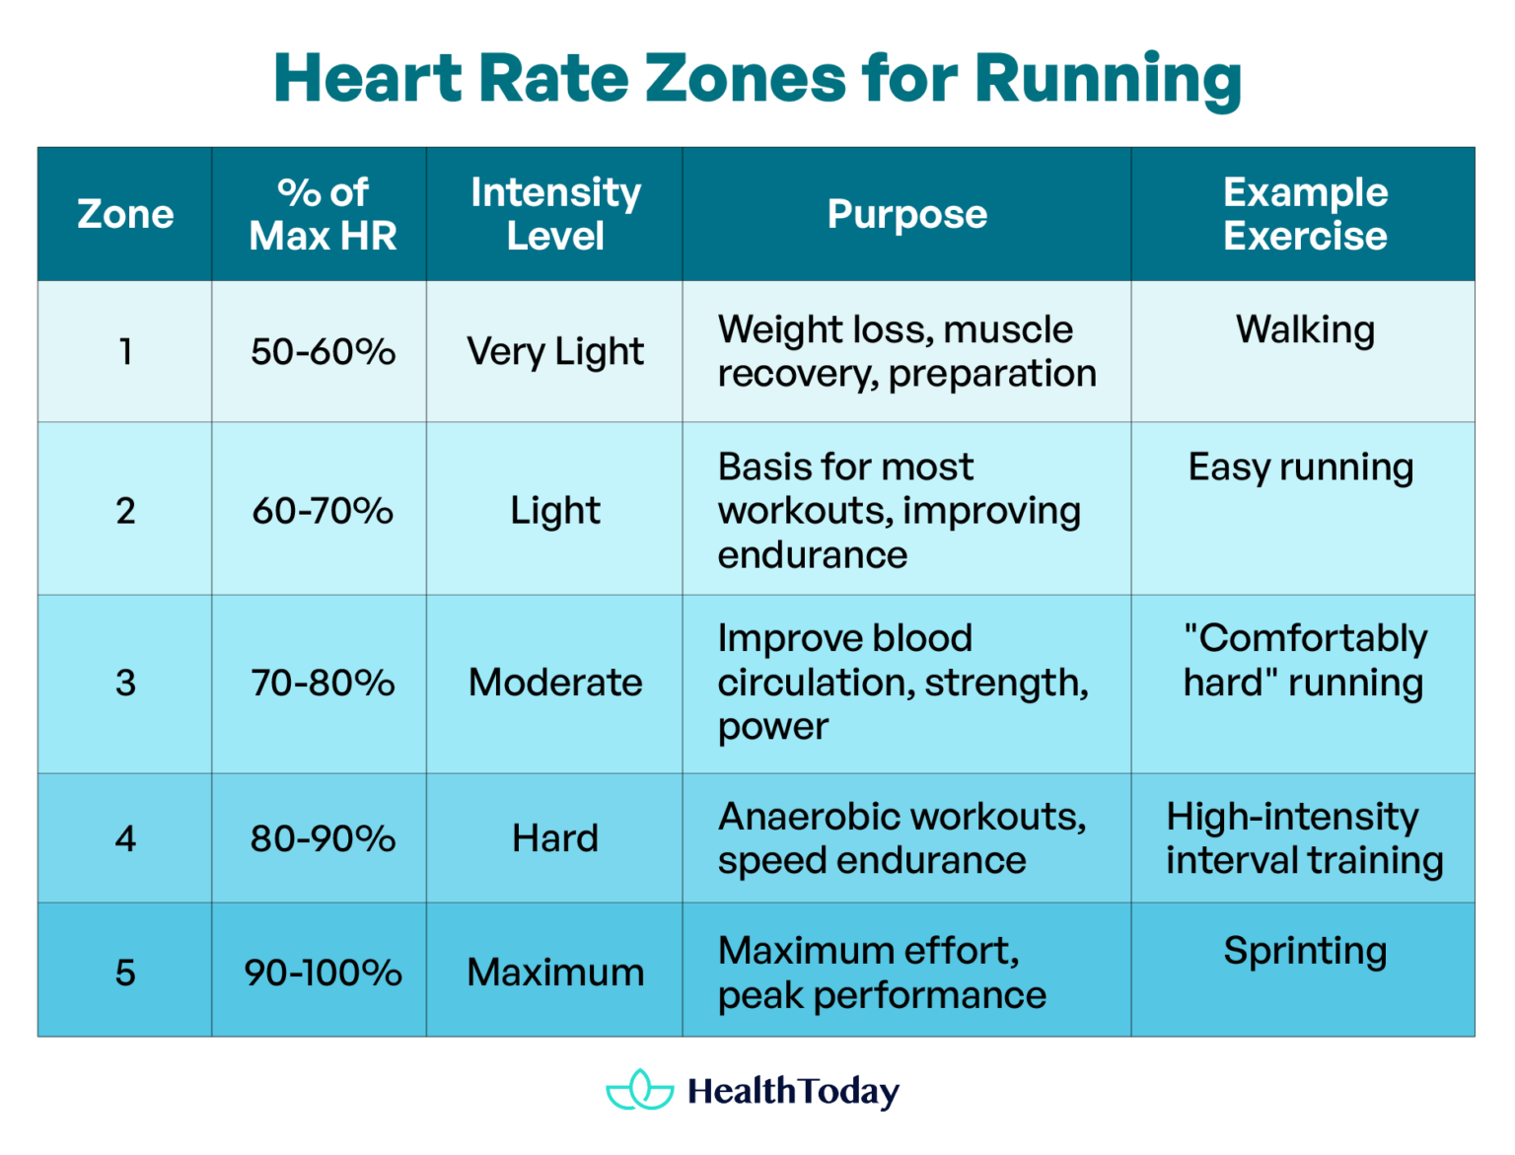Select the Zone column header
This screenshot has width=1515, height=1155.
[x=125, y=214]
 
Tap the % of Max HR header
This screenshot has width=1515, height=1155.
[x=323, y=214]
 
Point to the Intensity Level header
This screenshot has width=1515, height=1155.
[x=555, y=214]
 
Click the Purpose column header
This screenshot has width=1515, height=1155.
[x=906, y=214]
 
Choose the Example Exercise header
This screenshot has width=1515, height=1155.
[x=1304, y=214]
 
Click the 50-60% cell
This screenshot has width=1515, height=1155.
[x=323, y=352]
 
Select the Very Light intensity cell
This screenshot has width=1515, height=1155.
[x=555, y=352]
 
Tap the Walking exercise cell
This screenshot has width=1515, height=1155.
[x=1304, y=330]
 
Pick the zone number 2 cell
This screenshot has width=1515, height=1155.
[x=125, y=511]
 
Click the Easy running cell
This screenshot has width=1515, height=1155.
[x=1300, y=468]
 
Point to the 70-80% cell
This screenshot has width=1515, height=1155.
[x=323, y=683]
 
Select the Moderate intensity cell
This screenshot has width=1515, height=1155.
[x=555, y=683]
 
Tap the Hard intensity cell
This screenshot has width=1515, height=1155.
[x=555, y=838]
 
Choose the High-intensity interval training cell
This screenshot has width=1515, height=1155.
[x=1304, y=838]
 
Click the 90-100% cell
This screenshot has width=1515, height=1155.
[x=323, y=973]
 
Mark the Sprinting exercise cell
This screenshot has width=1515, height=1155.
[x=1304, y=951]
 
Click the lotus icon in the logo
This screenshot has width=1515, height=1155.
[x=640, y=1090]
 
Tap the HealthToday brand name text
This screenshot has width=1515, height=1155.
[x=793, y=1092]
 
